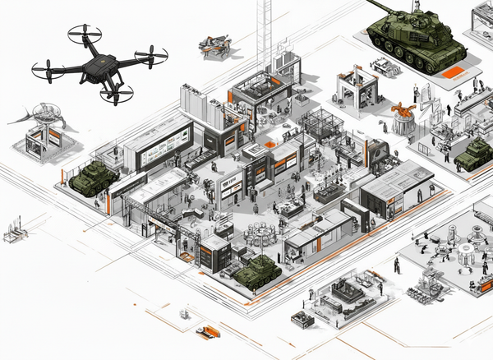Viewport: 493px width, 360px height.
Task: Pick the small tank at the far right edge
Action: [475, 155]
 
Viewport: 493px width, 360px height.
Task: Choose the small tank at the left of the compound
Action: [91, 178]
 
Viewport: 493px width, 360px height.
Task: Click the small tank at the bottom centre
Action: [257, 271]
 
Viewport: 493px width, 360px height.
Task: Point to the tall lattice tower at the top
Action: [264, 29]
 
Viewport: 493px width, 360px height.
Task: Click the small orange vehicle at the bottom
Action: [209, 331]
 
